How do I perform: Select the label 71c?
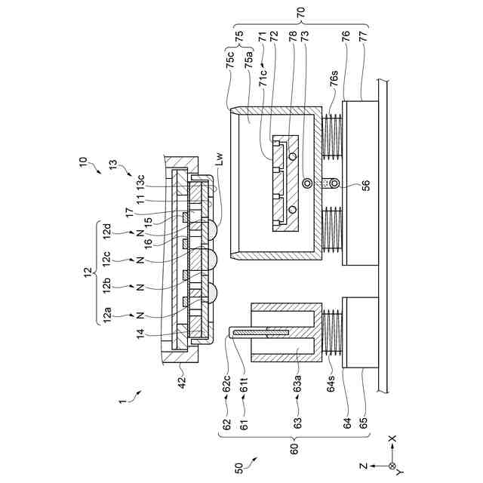coord(263,83)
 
